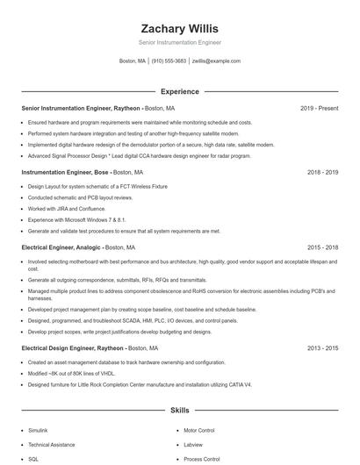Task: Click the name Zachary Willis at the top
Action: pos(179,29)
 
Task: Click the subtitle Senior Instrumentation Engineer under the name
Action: pos(179,42)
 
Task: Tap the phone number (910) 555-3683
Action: pos(169,61)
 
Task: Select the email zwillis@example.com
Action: pos(216,61)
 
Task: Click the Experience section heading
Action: pos(179,91)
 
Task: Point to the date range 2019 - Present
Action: pos(319,108)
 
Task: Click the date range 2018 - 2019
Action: pos(322,173)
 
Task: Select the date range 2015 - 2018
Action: pos(322,247)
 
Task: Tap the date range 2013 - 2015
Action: pos(322,348)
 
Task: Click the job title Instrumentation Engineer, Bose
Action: pos(65,173)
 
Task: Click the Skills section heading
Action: pos(179,410)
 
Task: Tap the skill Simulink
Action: pos(39,432)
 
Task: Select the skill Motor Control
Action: pos(199,432)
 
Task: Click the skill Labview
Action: pos(193,445)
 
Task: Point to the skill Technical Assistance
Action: pos(51,445)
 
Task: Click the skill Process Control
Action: pos(201,459)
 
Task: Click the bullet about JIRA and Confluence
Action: pos(66,209)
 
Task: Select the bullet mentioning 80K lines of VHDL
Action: pos(72,373)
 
